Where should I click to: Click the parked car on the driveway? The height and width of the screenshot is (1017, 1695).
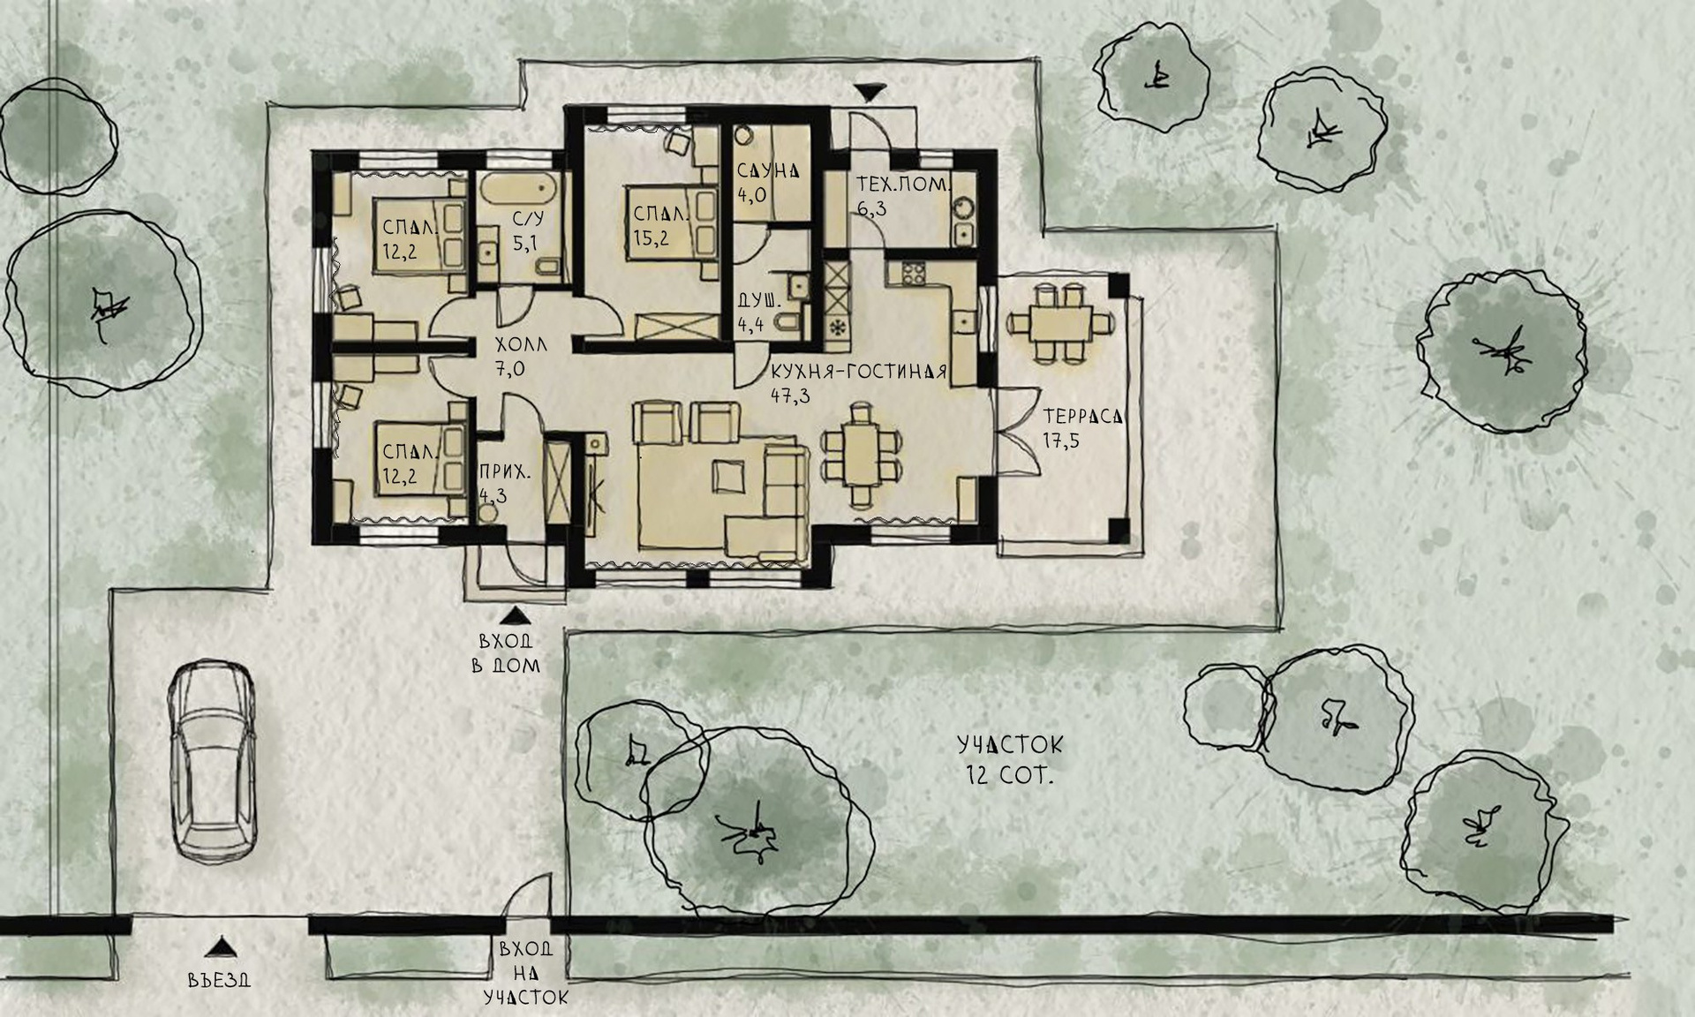[x=213, y=761]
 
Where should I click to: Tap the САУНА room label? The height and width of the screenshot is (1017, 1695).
[x=767, y=171]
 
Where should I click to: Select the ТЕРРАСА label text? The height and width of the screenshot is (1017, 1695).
[x=1082, y=416]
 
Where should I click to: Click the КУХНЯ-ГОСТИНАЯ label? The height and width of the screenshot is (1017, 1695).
[x=858, y=372]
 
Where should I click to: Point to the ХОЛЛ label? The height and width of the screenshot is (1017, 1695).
[x=521, y=344]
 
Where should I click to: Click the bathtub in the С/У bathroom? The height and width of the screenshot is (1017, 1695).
[x=517, y=188]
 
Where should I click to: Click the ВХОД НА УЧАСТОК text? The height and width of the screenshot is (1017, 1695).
[x=525, y=974]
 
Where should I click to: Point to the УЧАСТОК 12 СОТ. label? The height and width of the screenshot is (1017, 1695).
[x=1010, y=760]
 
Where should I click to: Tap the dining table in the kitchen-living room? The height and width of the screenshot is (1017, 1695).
[x=859, y=455]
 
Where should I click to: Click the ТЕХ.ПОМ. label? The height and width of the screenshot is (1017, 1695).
[x=903, y=185]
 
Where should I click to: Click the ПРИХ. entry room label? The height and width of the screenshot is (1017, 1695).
[x=505, y=472]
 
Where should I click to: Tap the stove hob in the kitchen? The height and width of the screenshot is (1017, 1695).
[x=906, y=273]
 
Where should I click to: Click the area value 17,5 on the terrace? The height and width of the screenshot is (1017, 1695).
[x=1060, y=440]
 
